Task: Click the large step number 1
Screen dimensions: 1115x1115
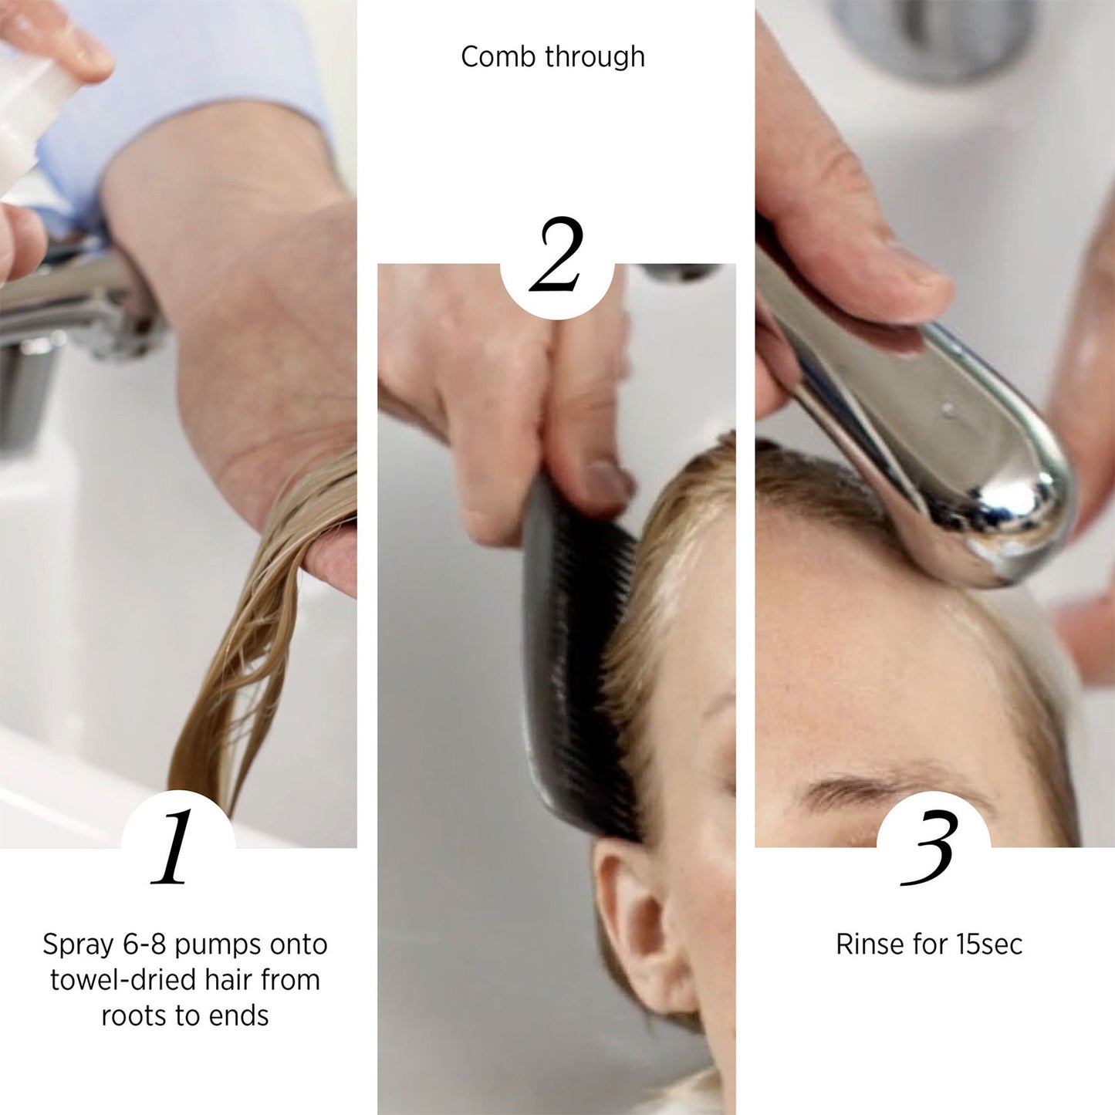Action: coord(175,847)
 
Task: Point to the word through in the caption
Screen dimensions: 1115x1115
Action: coord(594,56)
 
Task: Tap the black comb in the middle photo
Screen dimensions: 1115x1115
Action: coord(575,656)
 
